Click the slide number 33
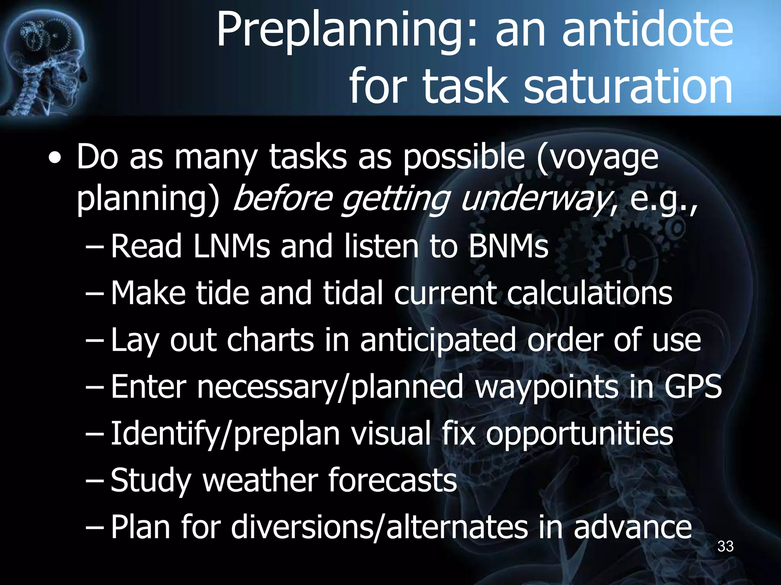tap(725, 547)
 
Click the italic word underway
tap(534, 199)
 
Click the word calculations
tap(590, 293)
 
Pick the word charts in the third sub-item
tap(270, 340)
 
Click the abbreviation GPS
tap(693, 386)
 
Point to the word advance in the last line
tap(633, 527)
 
